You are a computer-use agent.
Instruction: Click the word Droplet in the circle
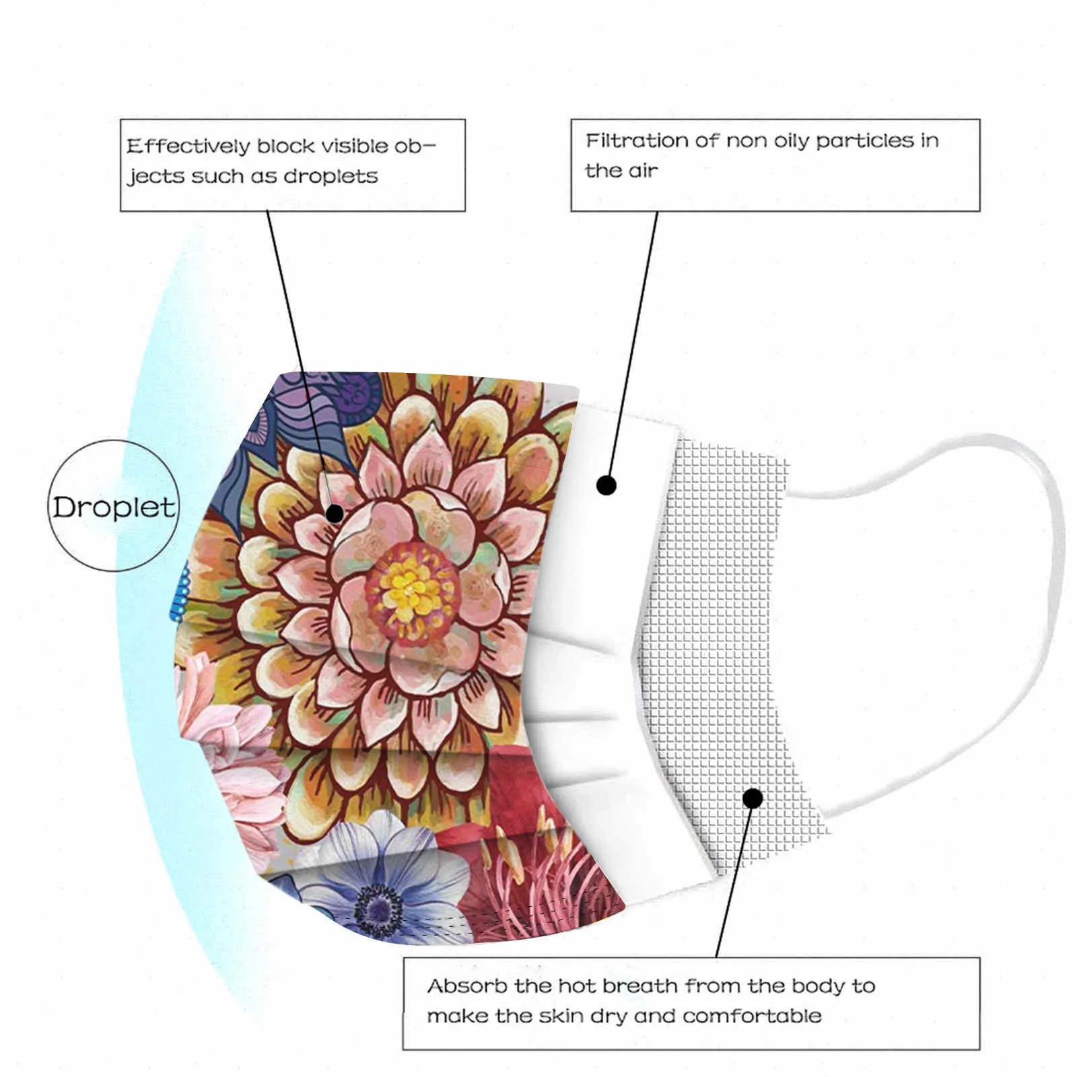[114, 508]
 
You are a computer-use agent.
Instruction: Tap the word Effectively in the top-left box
[188, 146]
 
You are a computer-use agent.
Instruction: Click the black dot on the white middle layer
[606, 485]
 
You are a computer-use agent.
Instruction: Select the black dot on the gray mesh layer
[753, 798]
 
